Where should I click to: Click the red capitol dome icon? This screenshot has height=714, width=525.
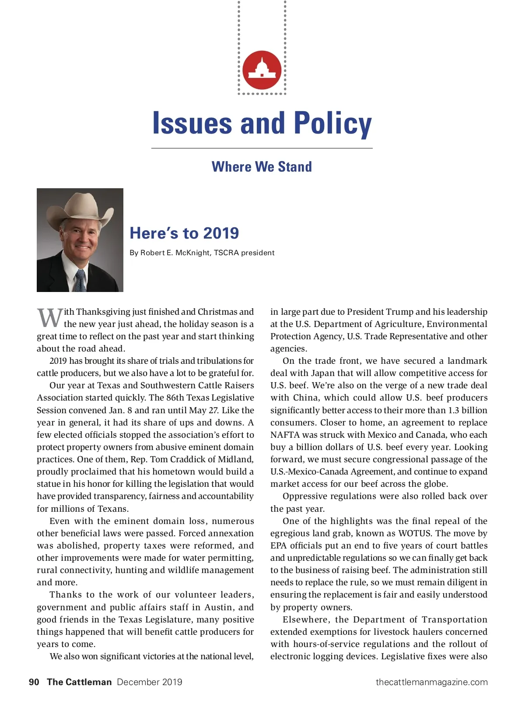click(x=262, y=70)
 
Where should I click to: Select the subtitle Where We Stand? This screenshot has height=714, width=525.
click(x=262, y=167)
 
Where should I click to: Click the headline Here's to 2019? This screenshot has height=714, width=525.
click(x=184, y=233)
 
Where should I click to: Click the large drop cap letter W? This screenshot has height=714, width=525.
click(x=49, y=318)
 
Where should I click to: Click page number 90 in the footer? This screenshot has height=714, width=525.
click(x=34, y=682)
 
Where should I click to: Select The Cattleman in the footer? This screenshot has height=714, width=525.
click(x=79, y=682)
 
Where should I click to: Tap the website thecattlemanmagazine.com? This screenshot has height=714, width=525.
click(x=431, y=682)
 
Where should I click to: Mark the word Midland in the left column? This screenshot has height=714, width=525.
click(x=237, y=459)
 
